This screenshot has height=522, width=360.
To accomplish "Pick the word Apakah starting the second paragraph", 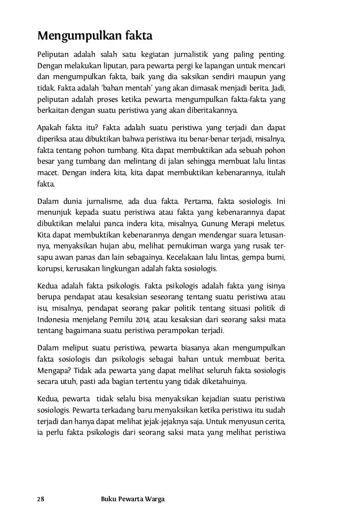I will coord(51,126).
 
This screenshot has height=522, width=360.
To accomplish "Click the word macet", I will coord(47,173).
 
